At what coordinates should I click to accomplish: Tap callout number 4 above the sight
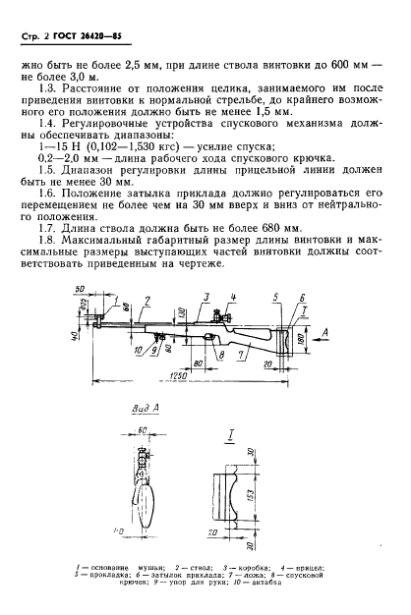[x=232, y=296]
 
